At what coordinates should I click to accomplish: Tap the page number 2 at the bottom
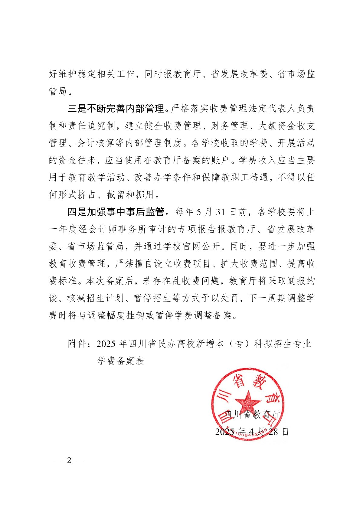tap(69, 460)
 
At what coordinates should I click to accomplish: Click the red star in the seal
tap(248, 402)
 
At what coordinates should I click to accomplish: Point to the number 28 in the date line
tap(273, 432)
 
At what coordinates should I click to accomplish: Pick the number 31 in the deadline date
tap(220, 212)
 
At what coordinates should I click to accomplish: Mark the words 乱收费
tap(183, 281)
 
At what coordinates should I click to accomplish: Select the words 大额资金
tap(277, 126)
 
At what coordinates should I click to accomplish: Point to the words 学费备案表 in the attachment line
tap(121, 361)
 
